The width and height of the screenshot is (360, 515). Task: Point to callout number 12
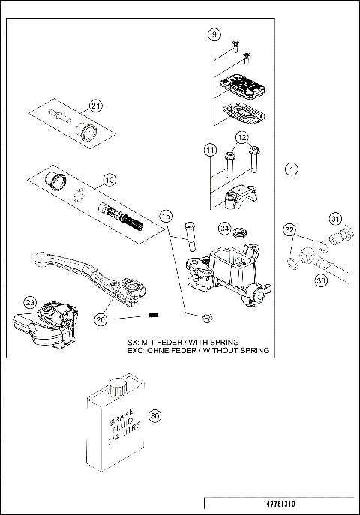241,138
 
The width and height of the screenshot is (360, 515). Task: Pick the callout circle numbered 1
292,170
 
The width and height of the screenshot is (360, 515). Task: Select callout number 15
166,217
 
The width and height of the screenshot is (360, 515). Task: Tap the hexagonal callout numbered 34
224,227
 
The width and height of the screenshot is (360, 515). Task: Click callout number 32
289,230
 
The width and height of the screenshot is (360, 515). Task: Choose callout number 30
321,280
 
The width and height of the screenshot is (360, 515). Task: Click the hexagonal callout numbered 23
29,301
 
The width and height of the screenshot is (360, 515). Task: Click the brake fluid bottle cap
117,385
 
